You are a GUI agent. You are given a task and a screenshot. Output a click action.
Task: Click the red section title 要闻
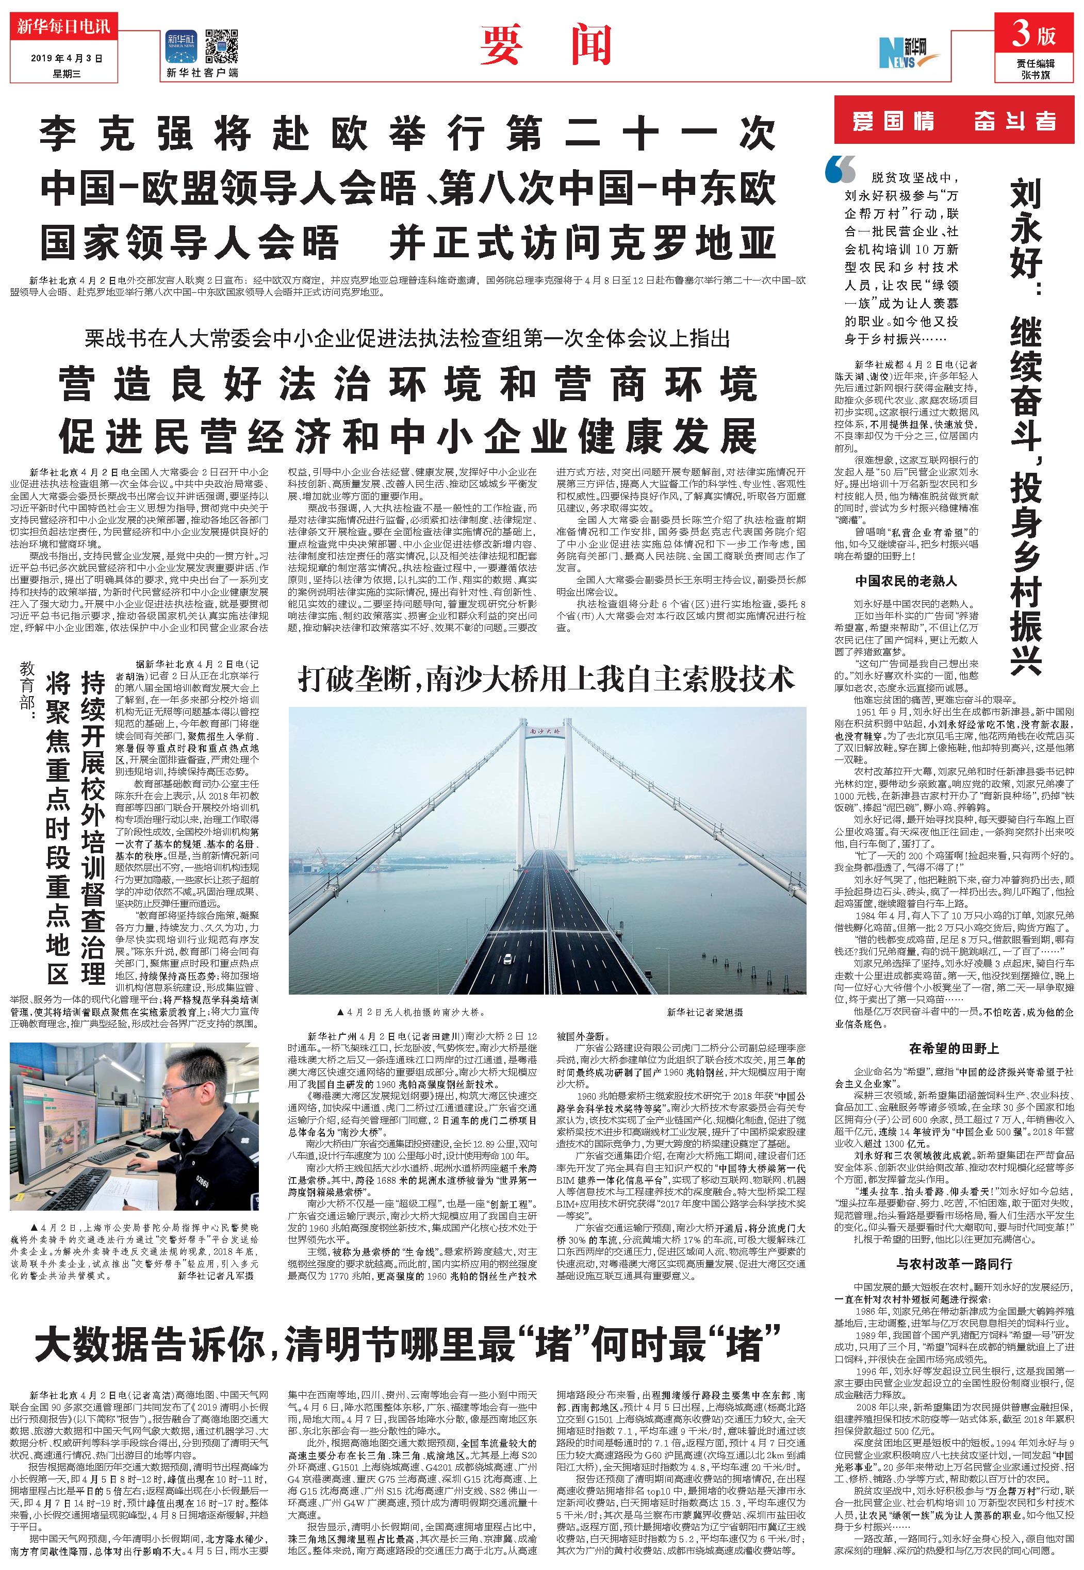(547, 44)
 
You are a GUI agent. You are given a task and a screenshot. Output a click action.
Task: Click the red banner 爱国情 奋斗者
(954, 121)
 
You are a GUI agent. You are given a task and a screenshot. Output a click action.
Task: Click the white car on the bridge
(506, 958)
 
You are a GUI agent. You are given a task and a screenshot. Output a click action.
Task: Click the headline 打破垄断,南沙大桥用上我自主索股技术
(547, 679)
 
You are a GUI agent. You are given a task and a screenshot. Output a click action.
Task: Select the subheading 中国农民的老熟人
(906, 581)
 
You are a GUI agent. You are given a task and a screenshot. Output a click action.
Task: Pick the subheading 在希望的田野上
(954, 1049)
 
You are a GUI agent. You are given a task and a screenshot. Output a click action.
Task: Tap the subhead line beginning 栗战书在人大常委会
(407, 338)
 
